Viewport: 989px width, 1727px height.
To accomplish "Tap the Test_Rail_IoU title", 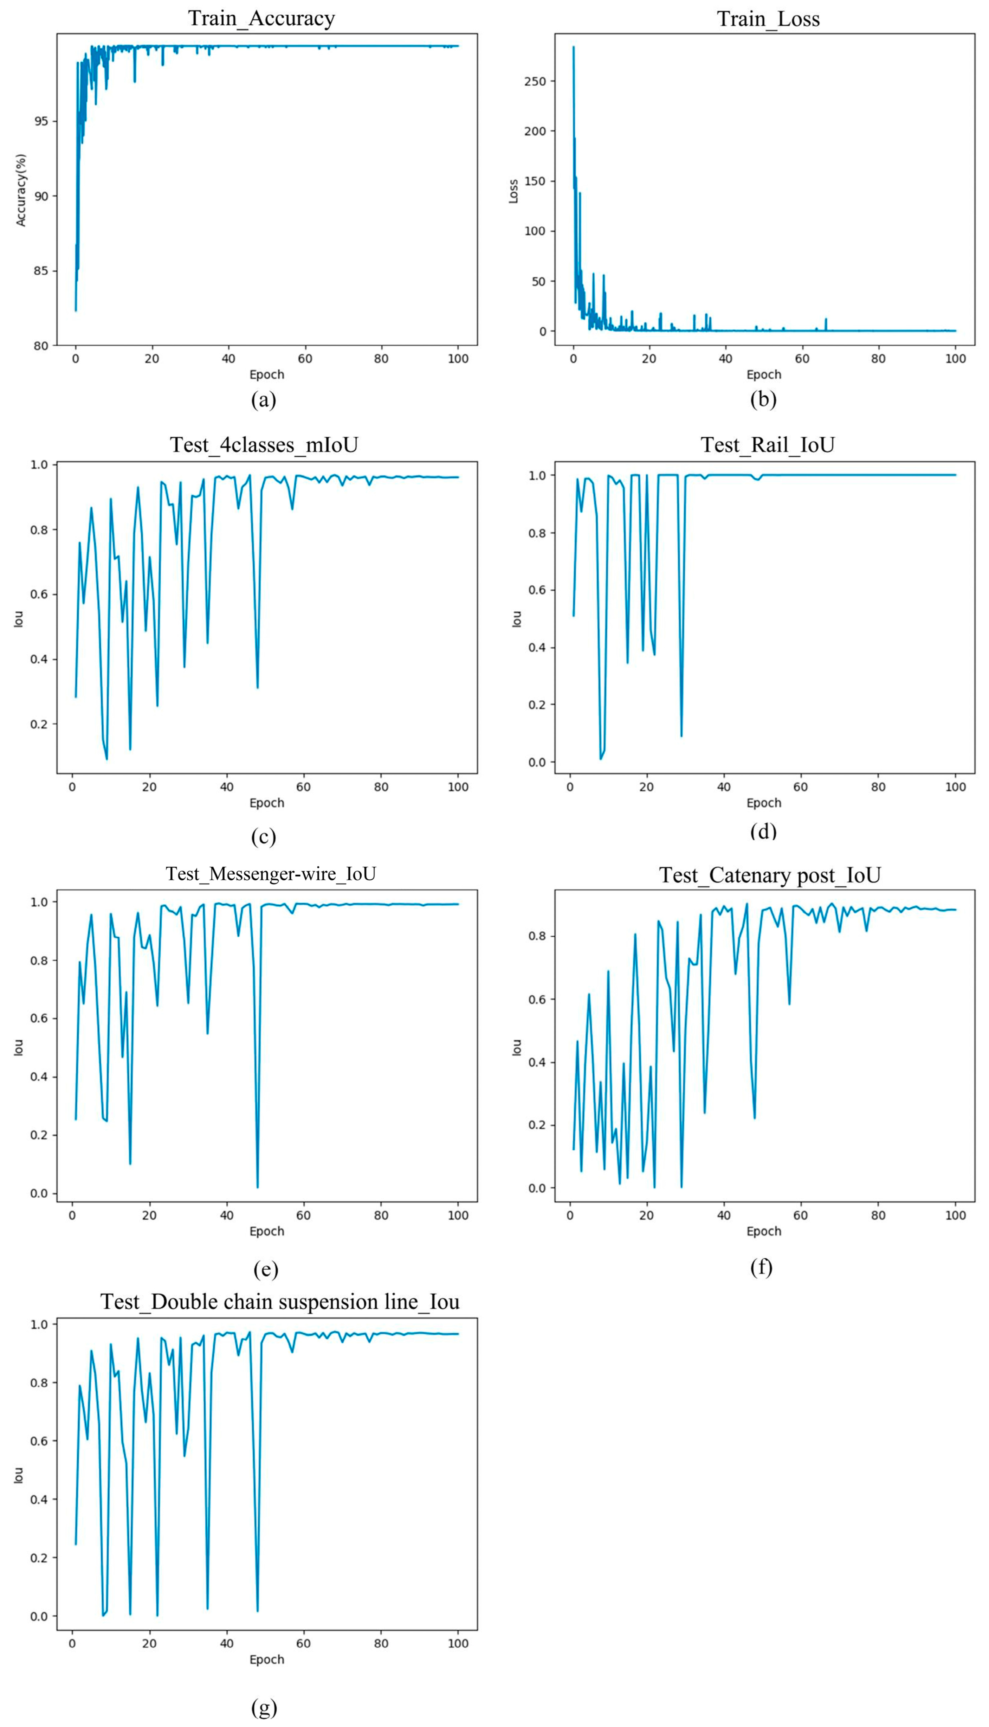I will (768, 445).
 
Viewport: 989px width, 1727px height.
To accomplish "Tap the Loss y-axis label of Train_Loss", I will (513, 191).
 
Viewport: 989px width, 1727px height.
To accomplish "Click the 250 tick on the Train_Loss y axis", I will (535, 81).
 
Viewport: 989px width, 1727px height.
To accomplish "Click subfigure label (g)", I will (264, 1707).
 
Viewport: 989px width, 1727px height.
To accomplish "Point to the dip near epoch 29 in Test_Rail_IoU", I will (681, 736).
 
